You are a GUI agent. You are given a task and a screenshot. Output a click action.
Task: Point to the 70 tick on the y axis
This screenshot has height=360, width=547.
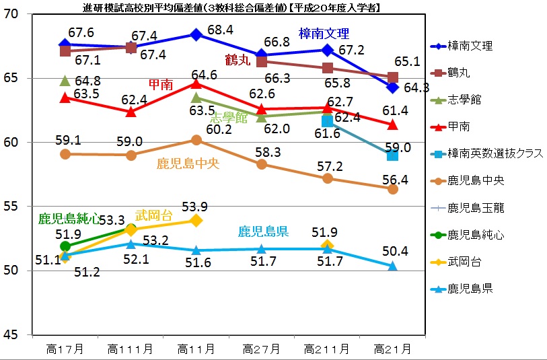click(17, 15)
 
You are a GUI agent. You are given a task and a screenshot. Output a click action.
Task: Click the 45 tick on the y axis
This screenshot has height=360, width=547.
click(17, 334)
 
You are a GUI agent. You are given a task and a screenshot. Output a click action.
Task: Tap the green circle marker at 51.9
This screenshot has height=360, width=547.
click(65, 246)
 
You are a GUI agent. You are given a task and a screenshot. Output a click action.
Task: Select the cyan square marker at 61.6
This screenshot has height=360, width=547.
click(328, 122)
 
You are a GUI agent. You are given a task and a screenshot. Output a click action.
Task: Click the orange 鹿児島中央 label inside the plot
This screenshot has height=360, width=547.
click(188, 163)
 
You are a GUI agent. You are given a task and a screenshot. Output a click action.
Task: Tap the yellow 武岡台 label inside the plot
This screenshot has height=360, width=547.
click(153, 215)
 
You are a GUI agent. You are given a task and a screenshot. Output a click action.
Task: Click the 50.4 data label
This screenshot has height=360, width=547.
click(396, 252)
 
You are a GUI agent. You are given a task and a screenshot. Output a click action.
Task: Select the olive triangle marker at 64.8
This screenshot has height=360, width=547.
click(65, 81)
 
